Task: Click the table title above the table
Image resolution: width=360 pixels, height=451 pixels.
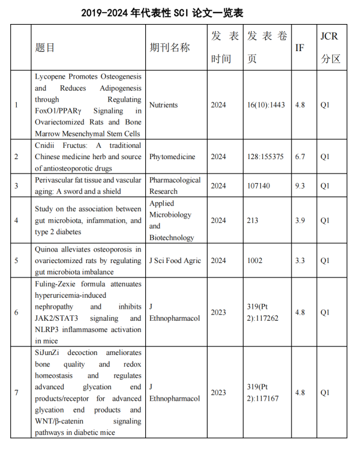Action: (x=179, y=12)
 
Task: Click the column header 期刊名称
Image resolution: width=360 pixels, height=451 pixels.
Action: (x=170, y=47)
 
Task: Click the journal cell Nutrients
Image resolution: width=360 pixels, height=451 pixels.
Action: (x=163, y=105)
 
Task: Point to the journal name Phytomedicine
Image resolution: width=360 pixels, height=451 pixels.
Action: (x=172, y=157)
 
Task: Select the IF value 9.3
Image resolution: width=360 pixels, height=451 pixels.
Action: (x=300, y=186)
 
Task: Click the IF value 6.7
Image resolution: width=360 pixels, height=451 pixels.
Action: (x=300, y=157)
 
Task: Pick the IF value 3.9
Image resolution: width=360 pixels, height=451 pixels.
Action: (x=300, y=220)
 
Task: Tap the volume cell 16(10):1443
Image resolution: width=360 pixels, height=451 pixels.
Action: (x=266, y=105)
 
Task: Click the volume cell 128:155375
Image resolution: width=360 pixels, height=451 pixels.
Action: (x=265, y=157)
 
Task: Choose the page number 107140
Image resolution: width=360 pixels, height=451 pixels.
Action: (x=259, y=186)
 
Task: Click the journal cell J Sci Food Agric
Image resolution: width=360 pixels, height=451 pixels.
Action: (x=175, y=261)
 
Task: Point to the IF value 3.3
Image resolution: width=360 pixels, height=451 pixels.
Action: (x=300, y=261)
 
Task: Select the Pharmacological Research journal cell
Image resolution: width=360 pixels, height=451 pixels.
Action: (x=175, y=186)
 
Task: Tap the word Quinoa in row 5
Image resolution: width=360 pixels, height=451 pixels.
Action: (x=47, y=249)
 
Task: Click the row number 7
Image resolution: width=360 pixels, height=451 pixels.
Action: (x=16, y=393)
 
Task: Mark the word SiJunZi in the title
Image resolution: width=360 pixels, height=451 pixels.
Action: (x=49, y=353)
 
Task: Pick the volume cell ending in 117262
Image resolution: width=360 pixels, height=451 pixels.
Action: (x=263, y=312)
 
